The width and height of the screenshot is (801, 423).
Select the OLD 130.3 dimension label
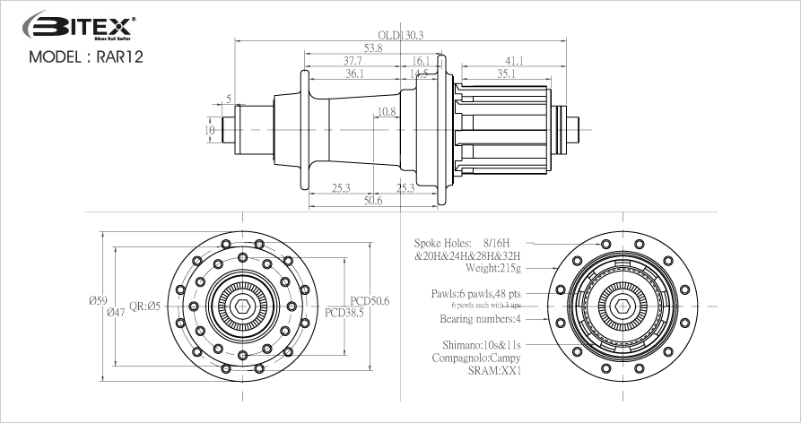[x=400, y=34]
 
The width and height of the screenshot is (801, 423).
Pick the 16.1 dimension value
[x=421, y=61]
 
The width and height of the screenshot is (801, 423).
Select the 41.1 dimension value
[x=513, y=61]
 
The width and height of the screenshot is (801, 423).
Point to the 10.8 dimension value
[x=387, y=112]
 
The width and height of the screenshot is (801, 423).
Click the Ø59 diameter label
[x=99, y=300]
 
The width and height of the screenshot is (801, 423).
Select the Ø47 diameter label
[x=116, y=313]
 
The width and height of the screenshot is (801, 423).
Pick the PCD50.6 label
[x=369, y=301]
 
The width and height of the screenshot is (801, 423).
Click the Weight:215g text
[x=492, y=268]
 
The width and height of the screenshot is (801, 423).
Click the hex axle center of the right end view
[x=620, y=306]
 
